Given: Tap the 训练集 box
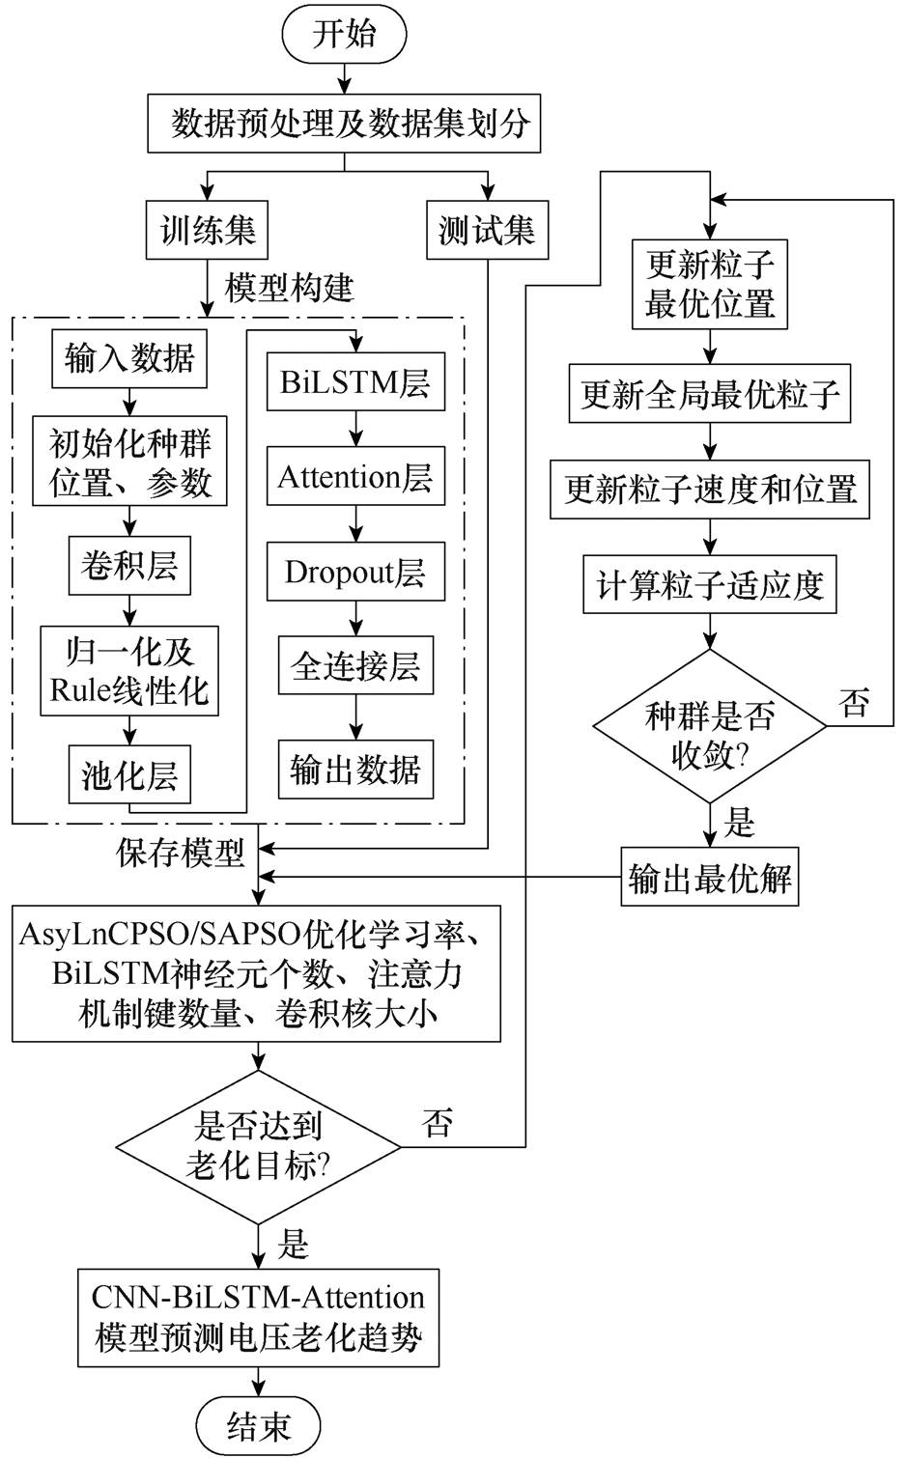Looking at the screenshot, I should click(x=207, y=231).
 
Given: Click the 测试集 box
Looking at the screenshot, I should click(x=487, y=231).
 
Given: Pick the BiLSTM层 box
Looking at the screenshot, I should click(x=355, y=382).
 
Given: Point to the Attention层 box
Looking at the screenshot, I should click(x=355, y=477).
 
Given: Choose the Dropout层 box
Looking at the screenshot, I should click(x=355, y=572).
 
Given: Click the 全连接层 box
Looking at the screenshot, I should click(x=355, y=666).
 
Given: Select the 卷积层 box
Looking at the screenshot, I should click(x=129, y=566).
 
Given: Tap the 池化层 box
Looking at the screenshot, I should click(x=129, y=775).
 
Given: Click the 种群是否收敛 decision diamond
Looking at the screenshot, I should click(x=710, y=726).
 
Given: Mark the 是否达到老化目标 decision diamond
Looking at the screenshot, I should click(x=259, y=1147).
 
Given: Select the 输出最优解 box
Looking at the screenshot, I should click(x=710, y=879).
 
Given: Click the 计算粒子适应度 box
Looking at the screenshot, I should click(x=710, y=585).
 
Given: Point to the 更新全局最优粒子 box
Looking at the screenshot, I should click(x=710, y=394).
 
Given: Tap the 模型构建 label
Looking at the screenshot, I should click(x=289, y=287).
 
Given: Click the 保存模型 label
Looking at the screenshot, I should click(x=181, y=852).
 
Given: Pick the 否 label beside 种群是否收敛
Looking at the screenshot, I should click(x=854, y=702).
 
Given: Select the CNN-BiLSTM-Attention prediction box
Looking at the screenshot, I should click(x=258, y=1317).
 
